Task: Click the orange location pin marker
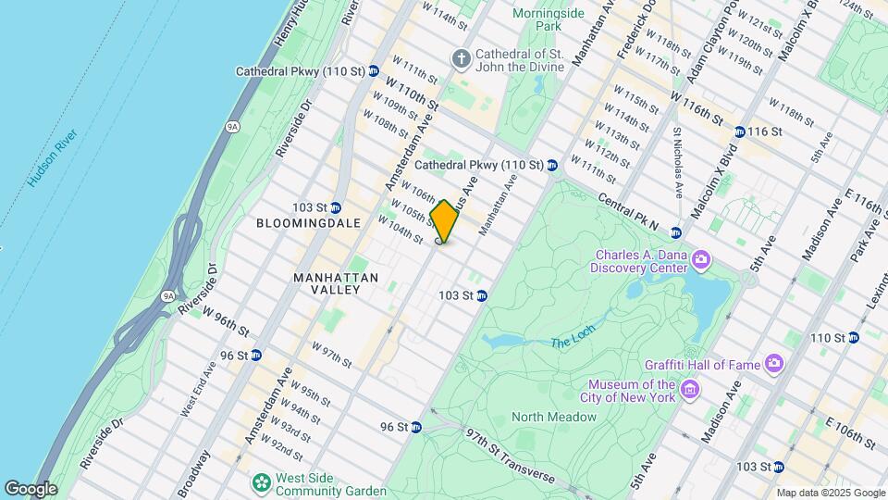(x=445, y=221)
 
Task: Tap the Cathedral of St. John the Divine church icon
(x=461, y=59)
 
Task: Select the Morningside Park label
(x=548, y=19)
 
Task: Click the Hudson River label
(x=54, y=158)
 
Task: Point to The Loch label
(x=571, y=344)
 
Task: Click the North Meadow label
(x=554, y=418)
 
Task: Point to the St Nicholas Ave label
(x=677, y=163)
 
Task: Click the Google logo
(x=31, y=488)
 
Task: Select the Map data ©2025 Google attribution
(x=830, y=493)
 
